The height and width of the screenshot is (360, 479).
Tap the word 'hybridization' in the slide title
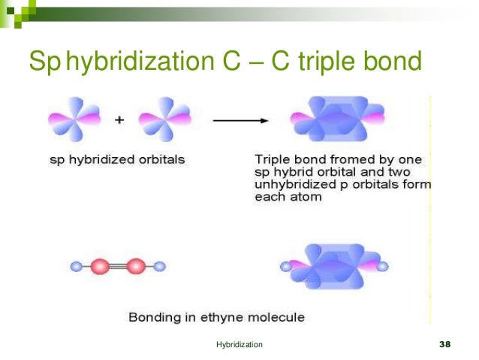pyautogui.click(x=140, y=62)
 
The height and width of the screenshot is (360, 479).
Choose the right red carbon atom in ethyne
pyautogui.click(x=135, y=266)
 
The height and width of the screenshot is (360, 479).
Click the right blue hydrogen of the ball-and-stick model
pyautogui.click(x=159, y=266)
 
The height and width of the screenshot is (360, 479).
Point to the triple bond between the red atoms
pyautogui.click(x=118, y=266)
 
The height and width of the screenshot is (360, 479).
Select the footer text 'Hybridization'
pyautogui.click(x=239, y=344)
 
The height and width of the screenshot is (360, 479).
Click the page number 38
pyautogui.click(x=443, y=344)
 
